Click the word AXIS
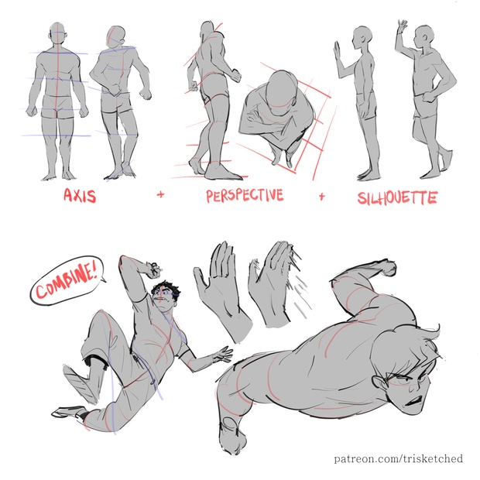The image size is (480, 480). point(80,195)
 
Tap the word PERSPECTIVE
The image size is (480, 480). point(245,196)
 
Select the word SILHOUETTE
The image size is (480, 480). point(397,197)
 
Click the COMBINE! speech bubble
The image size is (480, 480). point(67,280)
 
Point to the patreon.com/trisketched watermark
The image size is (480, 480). point(398,459)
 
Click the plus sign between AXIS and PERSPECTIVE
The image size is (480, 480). point(160,194)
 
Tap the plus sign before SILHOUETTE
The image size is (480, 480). point(321,196)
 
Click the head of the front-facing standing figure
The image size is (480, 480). point(57,33)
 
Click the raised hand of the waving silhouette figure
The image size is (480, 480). point(403,26)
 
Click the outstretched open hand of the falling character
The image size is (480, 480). point(222,355)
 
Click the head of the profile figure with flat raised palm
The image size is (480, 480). point(362,37)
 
